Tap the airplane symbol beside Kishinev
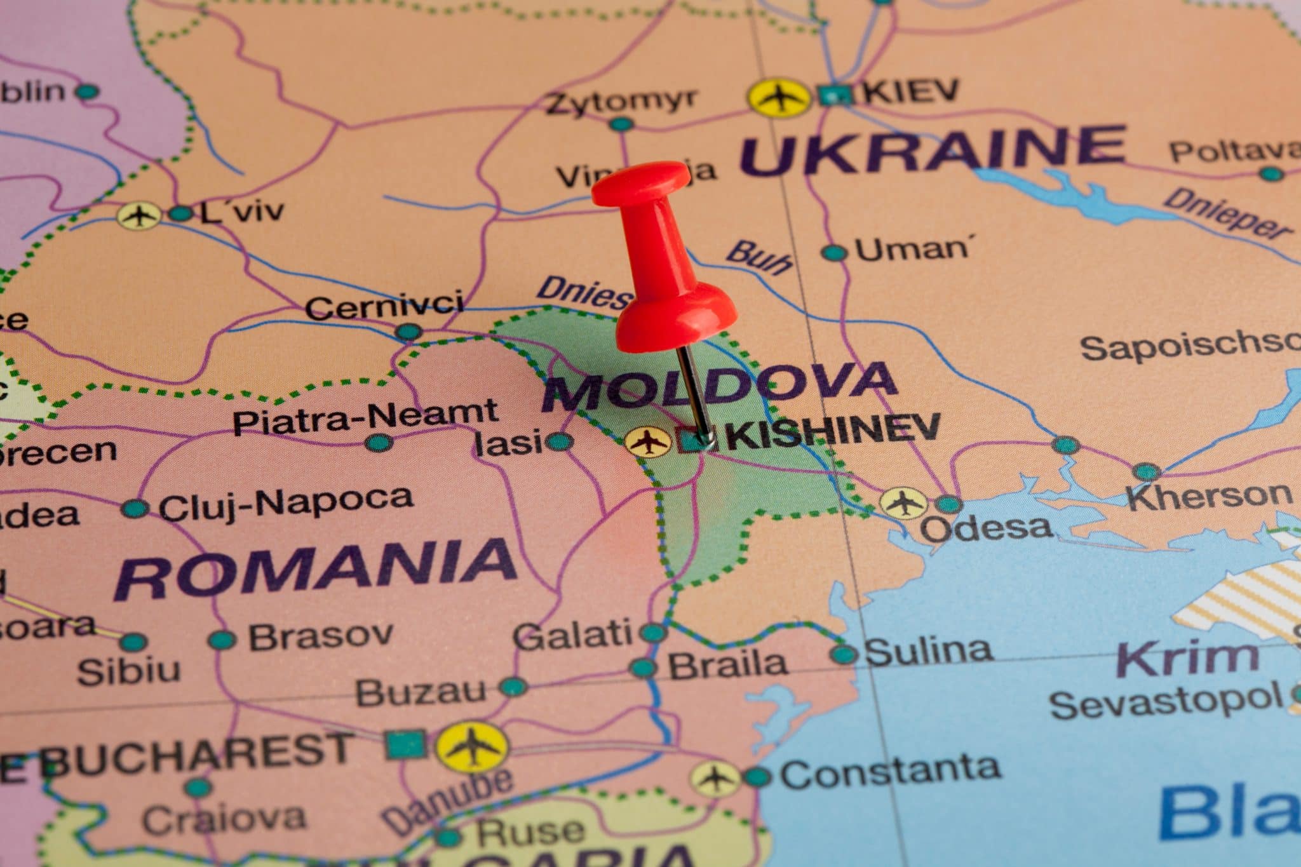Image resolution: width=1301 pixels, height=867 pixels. coord(647,441)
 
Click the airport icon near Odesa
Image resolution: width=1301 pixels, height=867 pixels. coord(902,503)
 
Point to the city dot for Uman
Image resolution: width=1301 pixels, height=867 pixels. coord(834,253)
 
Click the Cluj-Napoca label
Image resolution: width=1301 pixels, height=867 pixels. coord(286,504)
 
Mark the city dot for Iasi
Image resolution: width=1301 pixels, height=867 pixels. coord(559,441)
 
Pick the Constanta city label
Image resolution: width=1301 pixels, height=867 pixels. coord(889,770)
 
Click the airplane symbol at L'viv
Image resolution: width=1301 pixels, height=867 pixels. coord(138,215)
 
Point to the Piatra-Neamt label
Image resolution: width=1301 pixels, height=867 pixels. coord(365,416)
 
